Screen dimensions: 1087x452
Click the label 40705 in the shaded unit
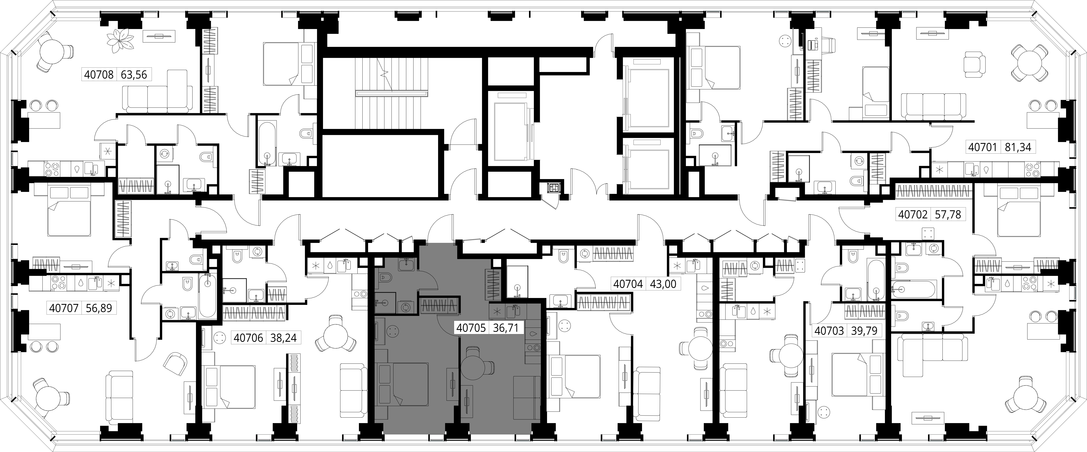(471, 328)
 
